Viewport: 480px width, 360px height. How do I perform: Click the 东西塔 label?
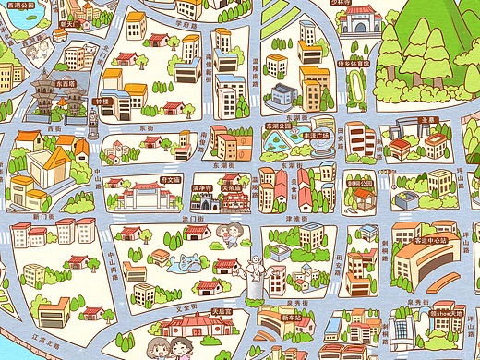click(x=66, y=83)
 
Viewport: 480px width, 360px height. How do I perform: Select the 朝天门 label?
click(x=74, y=25)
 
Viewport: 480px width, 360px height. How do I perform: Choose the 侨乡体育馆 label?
click(x=353, y=65)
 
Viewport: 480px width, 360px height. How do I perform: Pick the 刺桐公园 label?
click(x=361, y=183)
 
